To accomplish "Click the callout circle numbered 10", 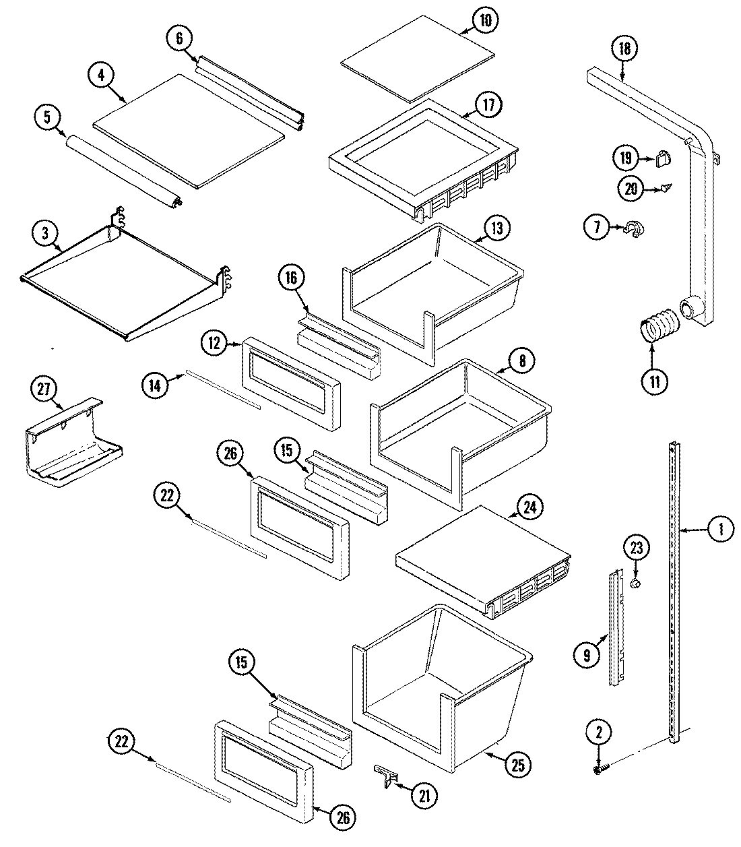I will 484,20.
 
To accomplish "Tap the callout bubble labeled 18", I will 623,48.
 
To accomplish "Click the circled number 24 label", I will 530,507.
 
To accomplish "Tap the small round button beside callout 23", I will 635,583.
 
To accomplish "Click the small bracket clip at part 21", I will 385,774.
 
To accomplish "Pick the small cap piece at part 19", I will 664,159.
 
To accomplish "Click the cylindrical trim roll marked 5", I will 121,168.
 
